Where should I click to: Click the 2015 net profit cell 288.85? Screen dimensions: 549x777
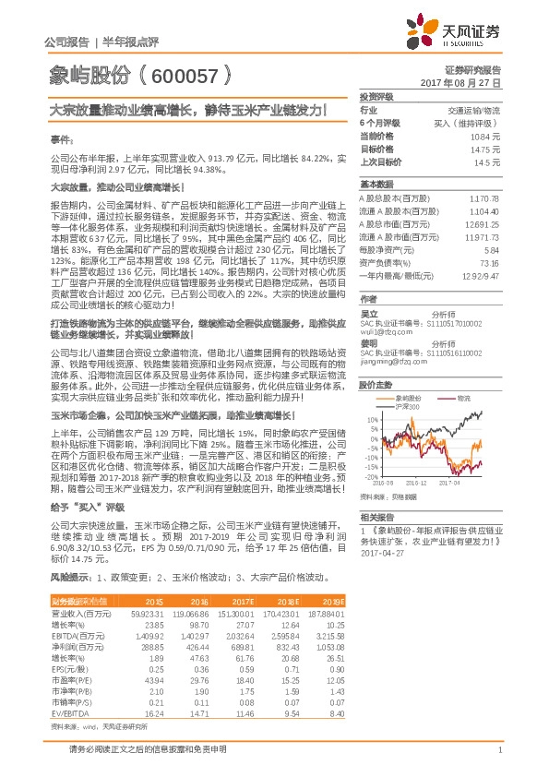click(151, 649)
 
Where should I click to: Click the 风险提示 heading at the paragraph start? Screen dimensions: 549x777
click(69, 577)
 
